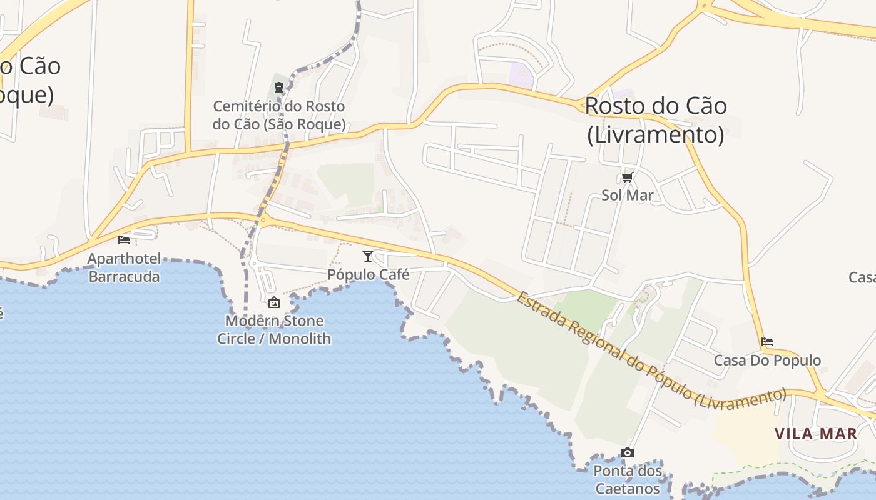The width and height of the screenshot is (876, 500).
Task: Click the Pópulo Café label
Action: (x=369, y=274)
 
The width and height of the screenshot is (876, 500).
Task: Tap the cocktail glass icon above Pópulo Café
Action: (x=368, y=256)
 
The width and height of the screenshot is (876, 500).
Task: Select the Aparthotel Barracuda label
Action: (x=124, y=267)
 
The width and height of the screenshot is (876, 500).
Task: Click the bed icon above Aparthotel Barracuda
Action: (x=124, y=239)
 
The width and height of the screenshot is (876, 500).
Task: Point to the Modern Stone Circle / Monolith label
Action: (x=274, y=330)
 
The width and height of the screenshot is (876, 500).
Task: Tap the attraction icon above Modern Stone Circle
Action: (x=274, y=303)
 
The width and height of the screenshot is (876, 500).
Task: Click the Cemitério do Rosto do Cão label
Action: (x=279, y=115)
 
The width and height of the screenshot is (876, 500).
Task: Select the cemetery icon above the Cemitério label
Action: (x=279, y=87)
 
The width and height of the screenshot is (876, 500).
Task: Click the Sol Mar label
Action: (x=627, y=195)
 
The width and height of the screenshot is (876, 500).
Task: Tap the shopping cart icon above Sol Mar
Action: (x=627, y=177)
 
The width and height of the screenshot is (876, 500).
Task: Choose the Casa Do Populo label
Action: (x=767, y=361)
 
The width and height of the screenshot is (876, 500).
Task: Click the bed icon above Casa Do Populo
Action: (x=767, y=342)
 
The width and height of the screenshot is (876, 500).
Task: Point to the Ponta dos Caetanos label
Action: (x=627, y=479)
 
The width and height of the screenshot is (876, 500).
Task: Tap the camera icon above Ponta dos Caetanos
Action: (x=627, y=452)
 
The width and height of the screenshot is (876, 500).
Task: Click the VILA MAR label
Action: (x=816, y=434)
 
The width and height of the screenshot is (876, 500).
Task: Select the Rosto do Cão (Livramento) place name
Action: (x=656, y=120)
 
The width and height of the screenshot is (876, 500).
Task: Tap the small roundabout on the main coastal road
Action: (x=263, y=219)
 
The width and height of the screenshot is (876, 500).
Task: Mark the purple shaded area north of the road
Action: (x=521, y=75)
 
